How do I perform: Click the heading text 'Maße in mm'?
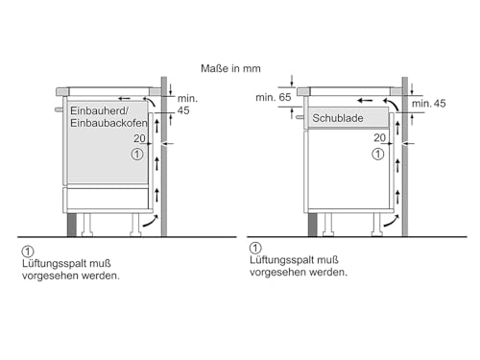coord(234,68)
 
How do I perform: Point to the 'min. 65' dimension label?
coord(273,98)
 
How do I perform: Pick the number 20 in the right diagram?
coord(380,138)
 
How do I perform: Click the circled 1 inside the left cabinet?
coord(137,154)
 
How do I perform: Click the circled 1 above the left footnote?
coord(25,249)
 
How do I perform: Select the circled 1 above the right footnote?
coord(254,249)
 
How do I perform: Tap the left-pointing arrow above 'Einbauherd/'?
coord(125,97)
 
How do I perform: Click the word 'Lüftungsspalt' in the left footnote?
coord(54,262)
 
